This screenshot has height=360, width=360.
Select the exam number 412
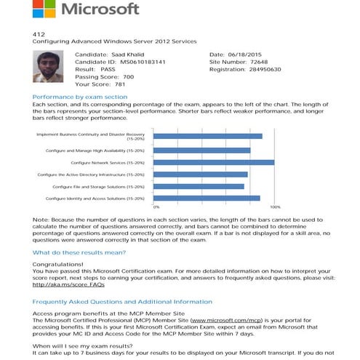point(39,34)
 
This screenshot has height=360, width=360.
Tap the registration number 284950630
point(266,68)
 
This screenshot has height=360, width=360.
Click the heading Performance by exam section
point(80,97)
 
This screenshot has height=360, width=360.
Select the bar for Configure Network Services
point(214,162)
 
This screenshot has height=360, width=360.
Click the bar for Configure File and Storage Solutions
point(199,186)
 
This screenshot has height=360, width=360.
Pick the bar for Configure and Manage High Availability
point(201,151)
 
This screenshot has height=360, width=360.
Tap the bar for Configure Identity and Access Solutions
point(207,198)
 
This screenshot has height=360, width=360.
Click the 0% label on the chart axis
point(156,207)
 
